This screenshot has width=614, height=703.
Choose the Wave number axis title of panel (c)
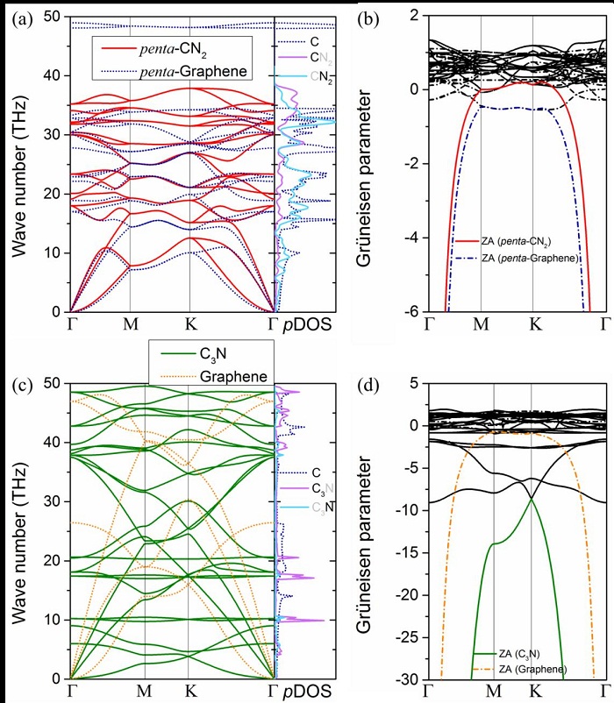[x=19, y=531]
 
